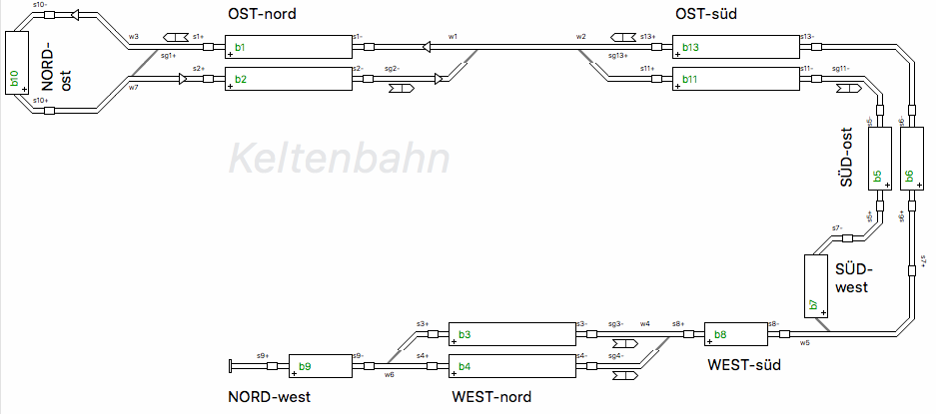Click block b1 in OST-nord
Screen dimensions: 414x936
(x=289, y=47)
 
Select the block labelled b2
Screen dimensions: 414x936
(x=289, y=79)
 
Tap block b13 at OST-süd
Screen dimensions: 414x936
(x=736, y=47)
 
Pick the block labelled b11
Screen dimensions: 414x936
(x=736, y=79)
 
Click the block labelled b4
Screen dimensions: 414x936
(x=511, y=366)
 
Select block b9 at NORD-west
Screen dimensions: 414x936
(x=320, y=366)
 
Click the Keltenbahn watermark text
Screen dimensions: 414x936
(x=338, y=158)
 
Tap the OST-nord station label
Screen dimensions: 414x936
(x=263, y=13)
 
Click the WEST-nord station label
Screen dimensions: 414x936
(x=491, y=397)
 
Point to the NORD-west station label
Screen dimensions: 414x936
(x=270, y=397)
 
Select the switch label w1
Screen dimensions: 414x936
(x=453, y=36)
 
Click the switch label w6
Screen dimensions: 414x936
(x=389, y=375)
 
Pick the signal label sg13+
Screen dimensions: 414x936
(x=617, y=56)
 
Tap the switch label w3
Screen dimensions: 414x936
(x=133, y=36)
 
